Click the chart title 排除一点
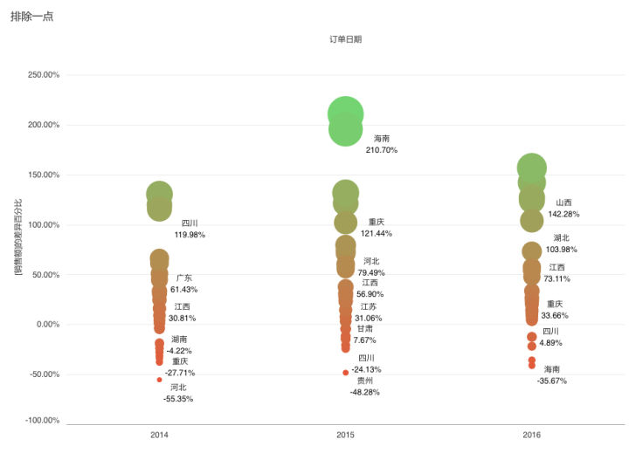[32, 16]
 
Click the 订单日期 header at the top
[345, 39]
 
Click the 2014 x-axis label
[159, 435]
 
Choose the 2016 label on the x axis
[531, 435]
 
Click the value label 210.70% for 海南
[382, 150]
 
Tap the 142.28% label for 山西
[563, 214]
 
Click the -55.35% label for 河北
[178, 399]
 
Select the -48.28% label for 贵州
[365, 393]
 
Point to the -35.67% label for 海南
[552, 381]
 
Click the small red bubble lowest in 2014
[159, 380]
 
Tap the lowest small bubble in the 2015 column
[346, 373]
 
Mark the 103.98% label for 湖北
[562, 250]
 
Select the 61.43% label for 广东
[184, 289]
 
